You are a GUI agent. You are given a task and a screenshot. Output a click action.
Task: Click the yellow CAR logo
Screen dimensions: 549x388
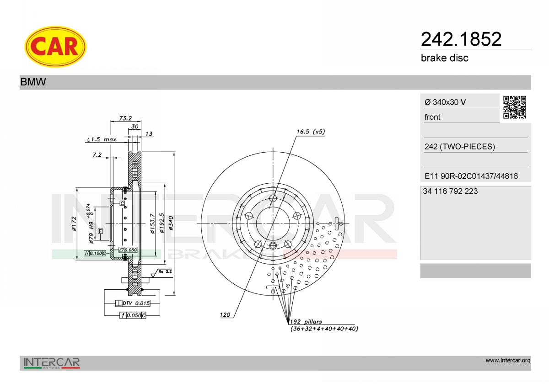click(x=55, y=47)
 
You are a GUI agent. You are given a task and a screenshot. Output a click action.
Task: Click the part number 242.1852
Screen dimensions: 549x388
click(x=461, y=39)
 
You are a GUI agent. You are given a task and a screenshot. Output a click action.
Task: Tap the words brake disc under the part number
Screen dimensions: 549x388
click(x=445, y=58)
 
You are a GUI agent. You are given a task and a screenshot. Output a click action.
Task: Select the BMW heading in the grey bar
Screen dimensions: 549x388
click(x=33, y=82)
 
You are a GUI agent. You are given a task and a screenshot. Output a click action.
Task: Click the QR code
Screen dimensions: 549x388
click(x=515, y=107)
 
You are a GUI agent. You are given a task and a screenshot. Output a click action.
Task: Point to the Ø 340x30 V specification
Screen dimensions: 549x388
click(x=445, y=102)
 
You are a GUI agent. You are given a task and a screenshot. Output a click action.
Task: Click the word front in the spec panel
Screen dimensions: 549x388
click(x=432, y=117)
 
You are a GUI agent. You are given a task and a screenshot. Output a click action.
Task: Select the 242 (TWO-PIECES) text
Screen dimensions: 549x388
click(x=459, y=147)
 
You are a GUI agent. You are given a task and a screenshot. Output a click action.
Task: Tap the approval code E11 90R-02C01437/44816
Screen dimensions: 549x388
click(x=471, y=176)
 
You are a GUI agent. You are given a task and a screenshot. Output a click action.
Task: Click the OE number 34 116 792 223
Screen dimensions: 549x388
click(x=450, y=191)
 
